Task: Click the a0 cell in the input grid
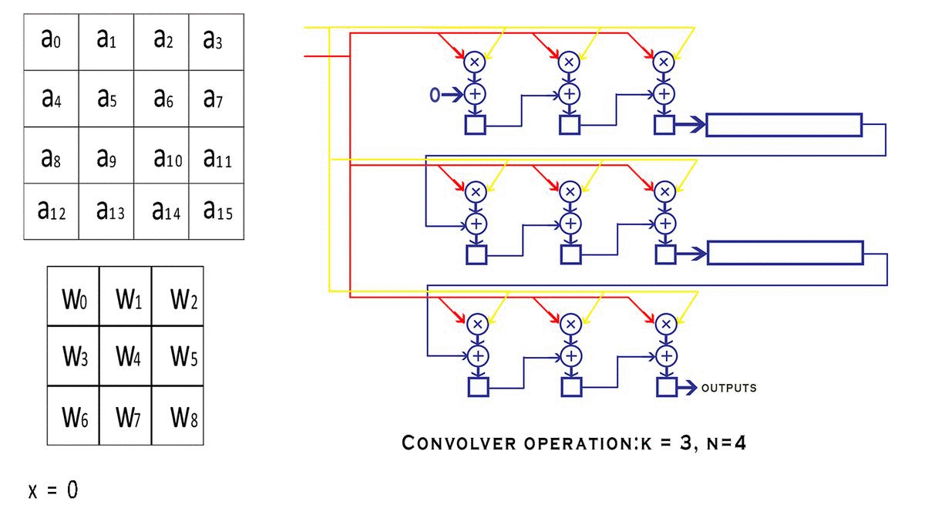(50, 42)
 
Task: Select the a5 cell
(106, 99)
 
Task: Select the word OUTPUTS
(728, 389)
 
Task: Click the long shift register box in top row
(784, 125)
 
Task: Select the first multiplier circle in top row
(475, 61)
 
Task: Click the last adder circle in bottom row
(665, 355)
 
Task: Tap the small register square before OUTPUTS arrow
(665, 388)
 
